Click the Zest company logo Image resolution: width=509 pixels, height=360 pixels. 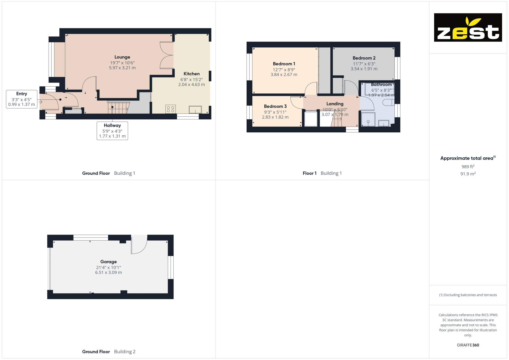tap(468, 27)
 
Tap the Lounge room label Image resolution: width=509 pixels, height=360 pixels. tap(122, 57)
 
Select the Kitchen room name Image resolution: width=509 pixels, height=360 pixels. tap(192, 74)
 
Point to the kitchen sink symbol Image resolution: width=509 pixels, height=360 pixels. tap(195, 109)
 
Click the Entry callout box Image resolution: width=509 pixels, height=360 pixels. tap(22, 99)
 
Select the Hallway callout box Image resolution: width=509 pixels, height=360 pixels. tap(112, 131)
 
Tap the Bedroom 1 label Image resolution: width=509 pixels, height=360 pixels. tap(284, 64)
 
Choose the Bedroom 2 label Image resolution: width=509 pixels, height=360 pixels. tap(364, 58)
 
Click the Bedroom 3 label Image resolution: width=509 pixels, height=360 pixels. tap(275, 106)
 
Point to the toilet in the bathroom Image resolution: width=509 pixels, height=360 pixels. tap(388, 102)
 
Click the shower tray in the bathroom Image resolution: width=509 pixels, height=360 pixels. tap(368, 119)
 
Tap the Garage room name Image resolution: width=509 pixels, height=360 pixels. tap(108, 262)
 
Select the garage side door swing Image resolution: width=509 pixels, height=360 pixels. tap(139, 244)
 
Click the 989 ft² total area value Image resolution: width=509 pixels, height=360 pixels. tap(468, 167)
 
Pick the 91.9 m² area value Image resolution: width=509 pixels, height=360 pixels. tap(468, 174)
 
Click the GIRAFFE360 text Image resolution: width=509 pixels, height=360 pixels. tap(468, 345)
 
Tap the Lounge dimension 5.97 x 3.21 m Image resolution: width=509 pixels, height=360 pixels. tap(122, 68)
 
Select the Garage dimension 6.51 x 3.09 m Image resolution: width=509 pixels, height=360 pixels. tap(108, 272)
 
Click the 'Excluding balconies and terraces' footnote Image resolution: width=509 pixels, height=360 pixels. tap(468, 295)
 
